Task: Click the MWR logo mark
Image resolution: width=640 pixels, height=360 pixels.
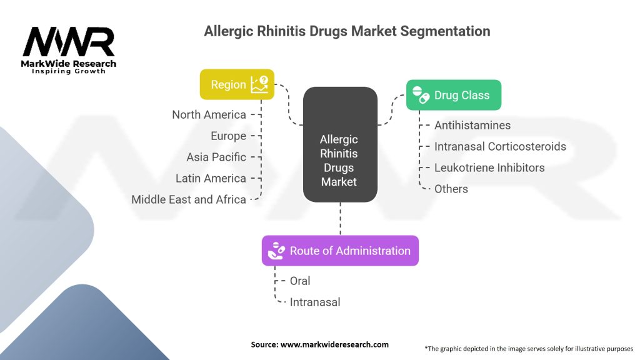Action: (69, 42)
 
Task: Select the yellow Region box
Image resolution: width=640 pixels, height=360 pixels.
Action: (237, 84)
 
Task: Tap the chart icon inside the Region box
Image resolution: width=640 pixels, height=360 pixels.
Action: (259, 84)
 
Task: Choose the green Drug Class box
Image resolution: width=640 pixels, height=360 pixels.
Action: (454, 95)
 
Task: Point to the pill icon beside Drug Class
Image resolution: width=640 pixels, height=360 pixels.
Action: (421, 95)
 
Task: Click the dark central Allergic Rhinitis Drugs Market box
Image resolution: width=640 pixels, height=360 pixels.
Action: (340, 144)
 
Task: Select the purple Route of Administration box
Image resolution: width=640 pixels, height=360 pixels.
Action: (340, 251)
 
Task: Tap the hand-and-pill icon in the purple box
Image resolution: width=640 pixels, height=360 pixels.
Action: (276, 251)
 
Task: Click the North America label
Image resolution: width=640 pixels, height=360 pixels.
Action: (209, 115)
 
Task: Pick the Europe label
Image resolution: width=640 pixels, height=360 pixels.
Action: (228, 136)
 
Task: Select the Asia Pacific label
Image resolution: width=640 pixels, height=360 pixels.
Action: (216, 157)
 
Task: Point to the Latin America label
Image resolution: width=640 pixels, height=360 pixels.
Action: (211, 178)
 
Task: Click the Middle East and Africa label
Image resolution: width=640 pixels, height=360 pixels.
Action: (189, 199)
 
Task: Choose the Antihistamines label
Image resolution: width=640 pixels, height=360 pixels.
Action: (472, 125)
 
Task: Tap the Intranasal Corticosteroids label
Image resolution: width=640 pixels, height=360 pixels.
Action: (500, 146)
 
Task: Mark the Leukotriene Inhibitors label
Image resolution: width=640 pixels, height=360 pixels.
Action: (489, 167)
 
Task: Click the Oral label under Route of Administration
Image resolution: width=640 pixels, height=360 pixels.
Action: (300, 281)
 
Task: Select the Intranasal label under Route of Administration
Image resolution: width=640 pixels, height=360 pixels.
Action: (315, 302)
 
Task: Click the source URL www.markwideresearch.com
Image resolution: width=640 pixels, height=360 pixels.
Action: (335, 344)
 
